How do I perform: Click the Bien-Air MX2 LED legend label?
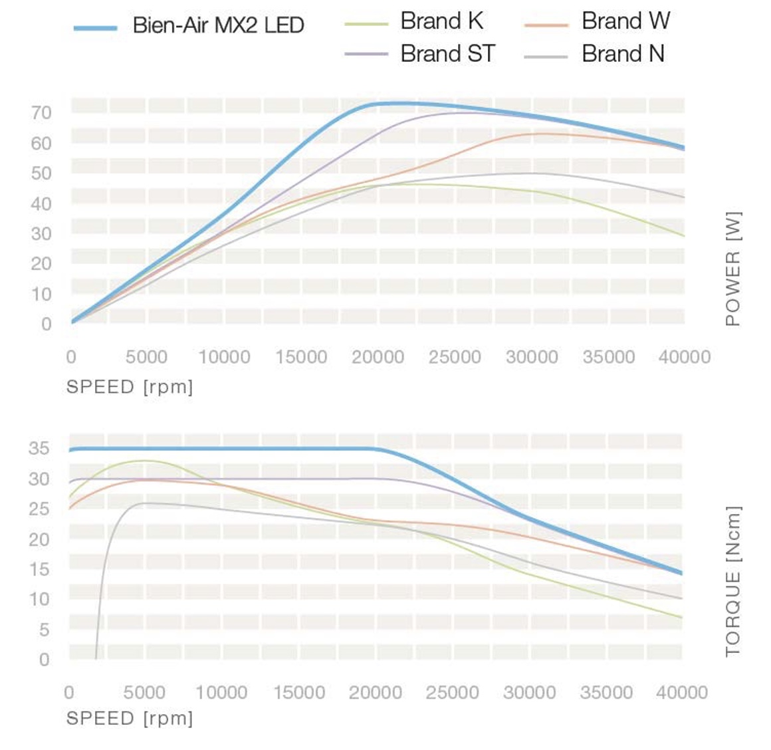click(x=218, y=25)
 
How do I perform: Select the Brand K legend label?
click(x=441, y=21)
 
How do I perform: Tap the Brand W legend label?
click(x=625, y=21)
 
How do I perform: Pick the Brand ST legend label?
click(x=447, y=53)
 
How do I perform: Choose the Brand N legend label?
click(x=623, y=53)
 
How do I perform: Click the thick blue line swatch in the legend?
click(x=96, y=28)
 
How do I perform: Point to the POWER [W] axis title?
click(x=732, y=269)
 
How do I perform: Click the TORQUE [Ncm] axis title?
click(x=732, y=582)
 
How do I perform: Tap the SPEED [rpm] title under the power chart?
click(x=130, y=387)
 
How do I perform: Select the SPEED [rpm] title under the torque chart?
click(x=130, y=718)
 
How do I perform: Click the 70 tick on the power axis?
click(x=41, y=113)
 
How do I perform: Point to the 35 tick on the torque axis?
click(x=39, y=449)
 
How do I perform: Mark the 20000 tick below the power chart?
click(x=378, y=357)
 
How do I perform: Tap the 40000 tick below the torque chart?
click(x=682, y=693)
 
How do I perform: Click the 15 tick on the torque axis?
click(x=39, y=569)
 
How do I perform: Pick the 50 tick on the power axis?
click(x=41, y=174)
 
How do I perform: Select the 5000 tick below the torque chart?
click(x=144, y=693)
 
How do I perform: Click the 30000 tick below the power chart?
click(x=532, y=357)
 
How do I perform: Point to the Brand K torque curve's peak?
click(x=145, y=460)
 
